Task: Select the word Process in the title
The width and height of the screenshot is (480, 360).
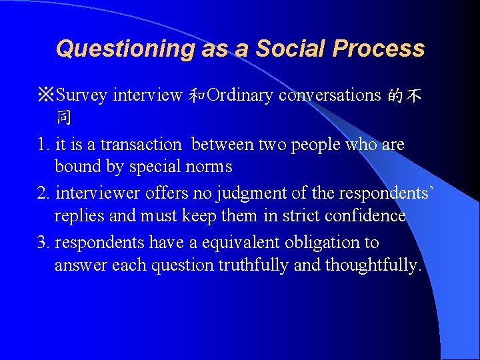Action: (x=379, y=49)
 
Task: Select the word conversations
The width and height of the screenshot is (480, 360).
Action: (x=329, y=96)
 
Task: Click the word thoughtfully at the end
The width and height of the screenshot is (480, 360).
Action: (x=371, y=265)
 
